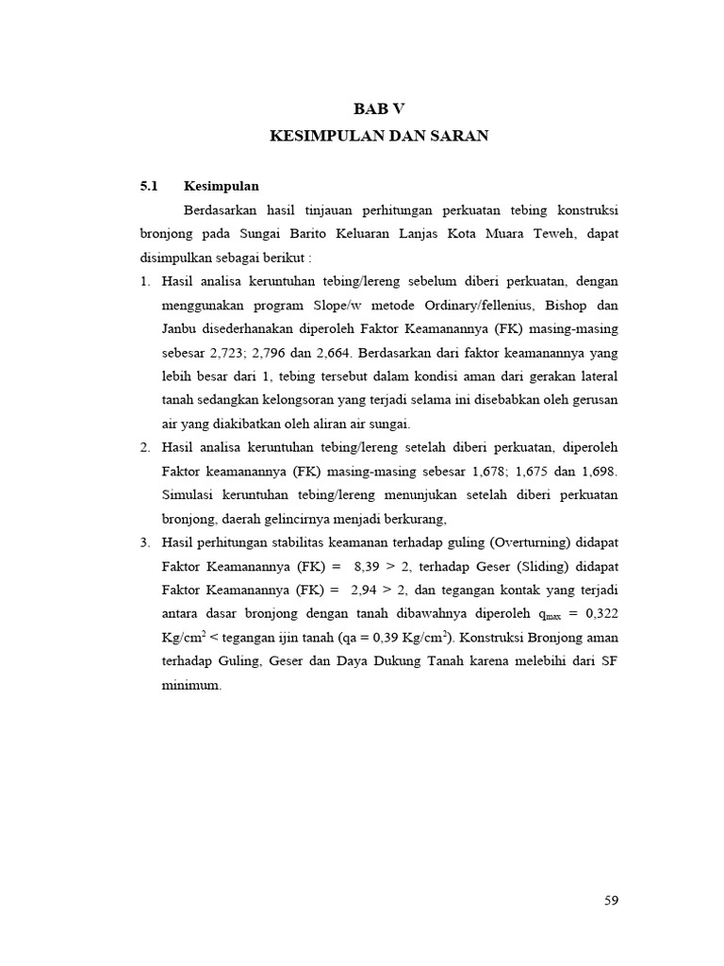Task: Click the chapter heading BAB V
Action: pyautogui.click(x=379, y=108)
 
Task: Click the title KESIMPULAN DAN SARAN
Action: pyautogui.click(x=379, y=136)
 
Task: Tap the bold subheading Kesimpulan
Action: pyautogui.click(x=222, y=185)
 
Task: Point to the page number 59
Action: pyautogui.click(x=611, y=900)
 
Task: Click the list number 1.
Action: pyautogui.click(x=145, y=281)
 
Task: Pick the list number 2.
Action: pyautogui.click(x=145, y=446)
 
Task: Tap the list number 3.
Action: pyautogui.click(x=145, y=542)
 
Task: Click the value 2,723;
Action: pyautogui.click(x=239, y=353)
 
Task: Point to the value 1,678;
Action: pyautogui.click(x=494, y=470)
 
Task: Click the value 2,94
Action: pyautogui.click(x=366, y=591)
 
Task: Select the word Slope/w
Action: pyautogui.click(x=337, y=305)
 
